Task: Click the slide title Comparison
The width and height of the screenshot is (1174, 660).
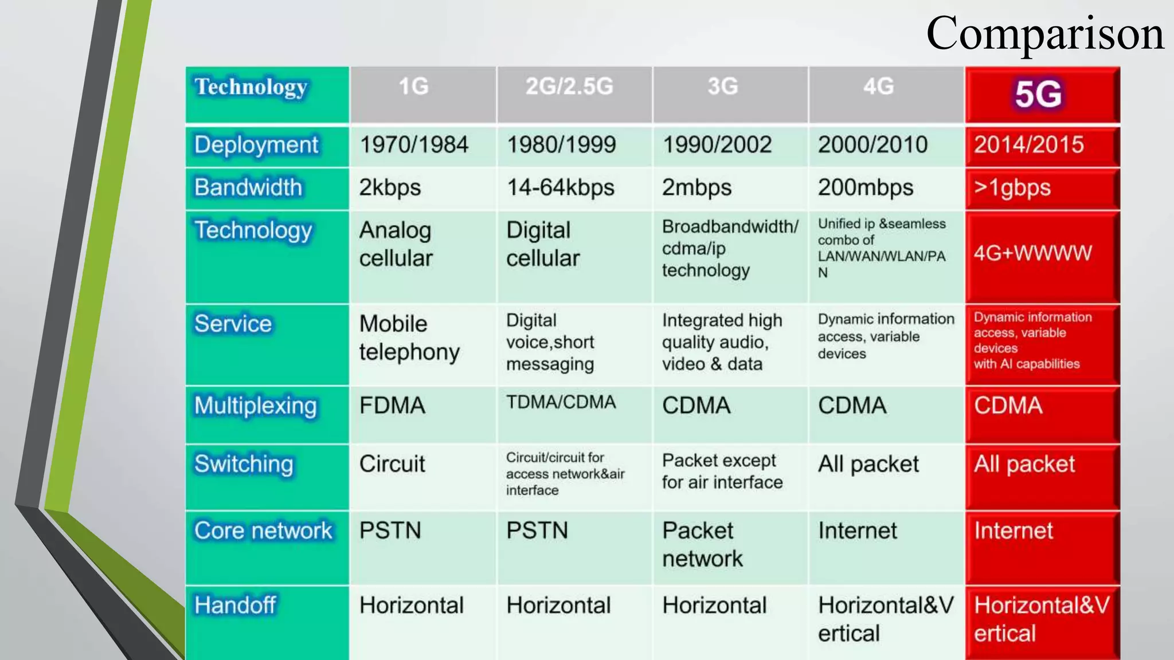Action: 1044,34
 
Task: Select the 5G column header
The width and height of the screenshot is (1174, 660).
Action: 1038,94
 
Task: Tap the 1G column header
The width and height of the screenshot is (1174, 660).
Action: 413,87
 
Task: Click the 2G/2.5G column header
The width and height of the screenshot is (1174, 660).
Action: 569,87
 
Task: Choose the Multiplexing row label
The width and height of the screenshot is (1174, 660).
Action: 256,406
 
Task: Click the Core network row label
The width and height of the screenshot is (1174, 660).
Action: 263,531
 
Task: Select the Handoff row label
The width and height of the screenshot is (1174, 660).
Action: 235,606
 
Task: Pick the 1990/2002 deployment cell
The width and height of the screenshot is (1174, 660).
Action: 717,145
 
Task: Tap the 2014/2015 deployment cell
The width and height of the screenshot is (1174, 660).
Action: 1029,145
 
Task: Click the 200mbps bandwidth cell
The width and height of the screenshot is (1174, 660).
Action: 866,188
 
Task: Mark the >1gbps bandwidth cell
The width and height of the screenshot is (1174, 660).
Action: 1012,188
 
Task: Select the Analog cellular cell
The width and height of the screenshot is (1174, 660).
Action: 396,245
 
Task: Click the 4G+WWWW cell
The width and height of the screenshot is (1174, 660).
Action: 1033,253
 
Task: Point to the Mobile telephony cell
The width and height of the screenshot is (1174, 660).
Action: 409,338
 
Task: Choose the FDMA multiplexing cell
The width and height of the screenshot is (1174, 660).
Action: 393,406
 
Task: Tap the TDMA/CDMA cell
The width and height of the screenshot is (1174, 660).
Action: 561,403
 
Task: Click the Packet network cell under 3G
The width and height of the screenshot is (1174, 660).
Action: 702,545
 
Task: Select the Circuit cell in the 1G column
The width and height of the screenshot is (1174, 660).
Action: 393,464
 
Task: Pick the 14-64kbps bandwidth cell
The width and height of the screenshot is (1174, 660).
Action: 561,188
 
